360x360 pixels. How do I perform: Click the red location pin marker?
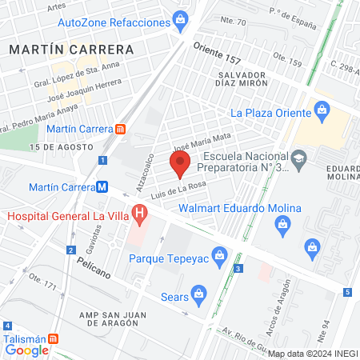pos(180,166)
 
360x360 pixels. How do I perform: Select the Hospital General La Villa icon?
pos(140,214)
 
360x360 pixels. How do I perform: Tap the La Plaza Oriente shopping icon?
pos(322,109)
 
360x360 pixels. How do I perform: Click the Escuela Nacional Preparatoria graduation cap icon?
pos(298,158)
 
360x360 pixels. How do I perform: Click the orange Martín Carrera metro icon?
pos(120,128)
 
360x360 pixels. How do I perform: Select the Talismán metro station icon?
pos(54,338)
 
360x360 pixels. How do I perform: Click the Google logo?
pos(26,350)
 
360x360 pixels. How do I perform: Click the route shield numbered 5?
pos(348,292)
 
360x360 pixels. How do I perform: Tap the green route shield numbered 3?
pos(238,268)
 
